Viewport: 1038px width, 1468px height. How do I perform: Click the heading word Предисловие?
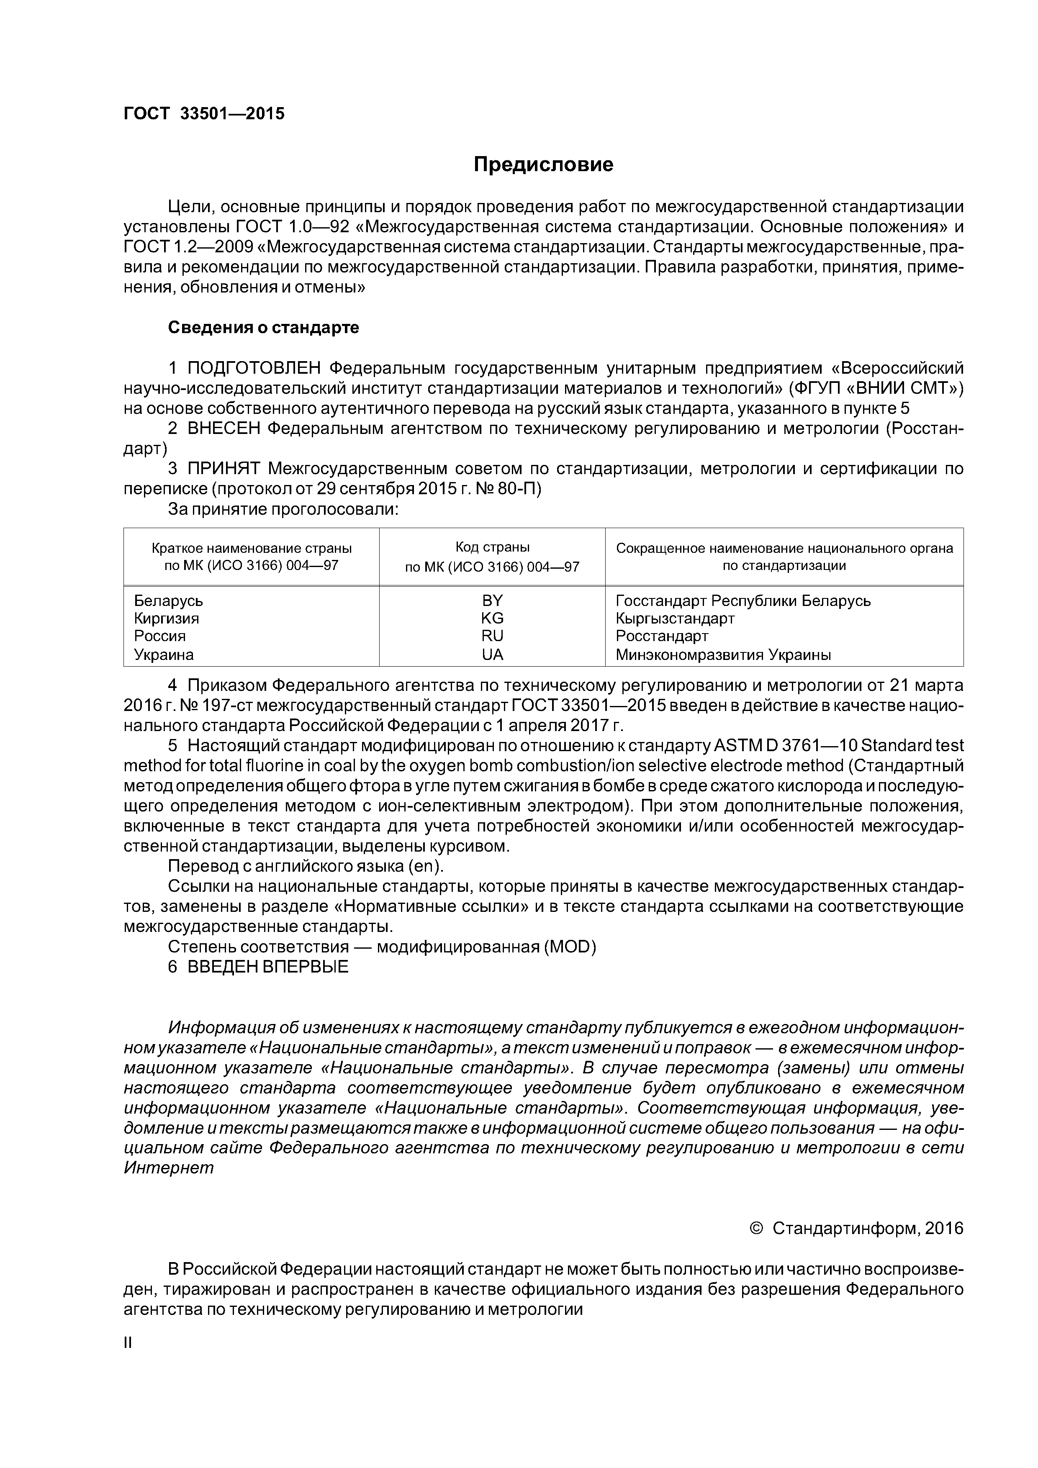(543, 165)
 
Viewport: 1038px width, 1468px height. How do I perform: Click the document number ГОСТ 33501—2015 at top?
(203, 114)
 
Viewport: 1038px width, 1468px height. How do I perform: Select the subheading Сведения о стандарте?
(264, 328)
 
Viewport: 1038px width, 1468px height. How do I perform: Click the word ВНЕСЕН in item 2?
(224, 429)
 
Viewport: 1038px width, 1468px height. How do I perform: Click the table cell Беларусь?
(169, 601)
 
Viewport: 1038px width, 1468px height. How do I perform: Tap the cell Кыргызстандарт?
(675, 618)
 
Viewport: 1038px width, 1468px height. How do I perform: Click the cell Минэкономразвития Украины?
(723, 655)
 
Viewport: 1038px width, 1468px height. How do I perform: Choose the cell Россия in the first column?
(160, 636)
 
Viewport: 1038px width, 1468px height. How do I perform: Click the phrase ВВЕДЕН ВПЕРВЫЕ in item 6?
(268, 967)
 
